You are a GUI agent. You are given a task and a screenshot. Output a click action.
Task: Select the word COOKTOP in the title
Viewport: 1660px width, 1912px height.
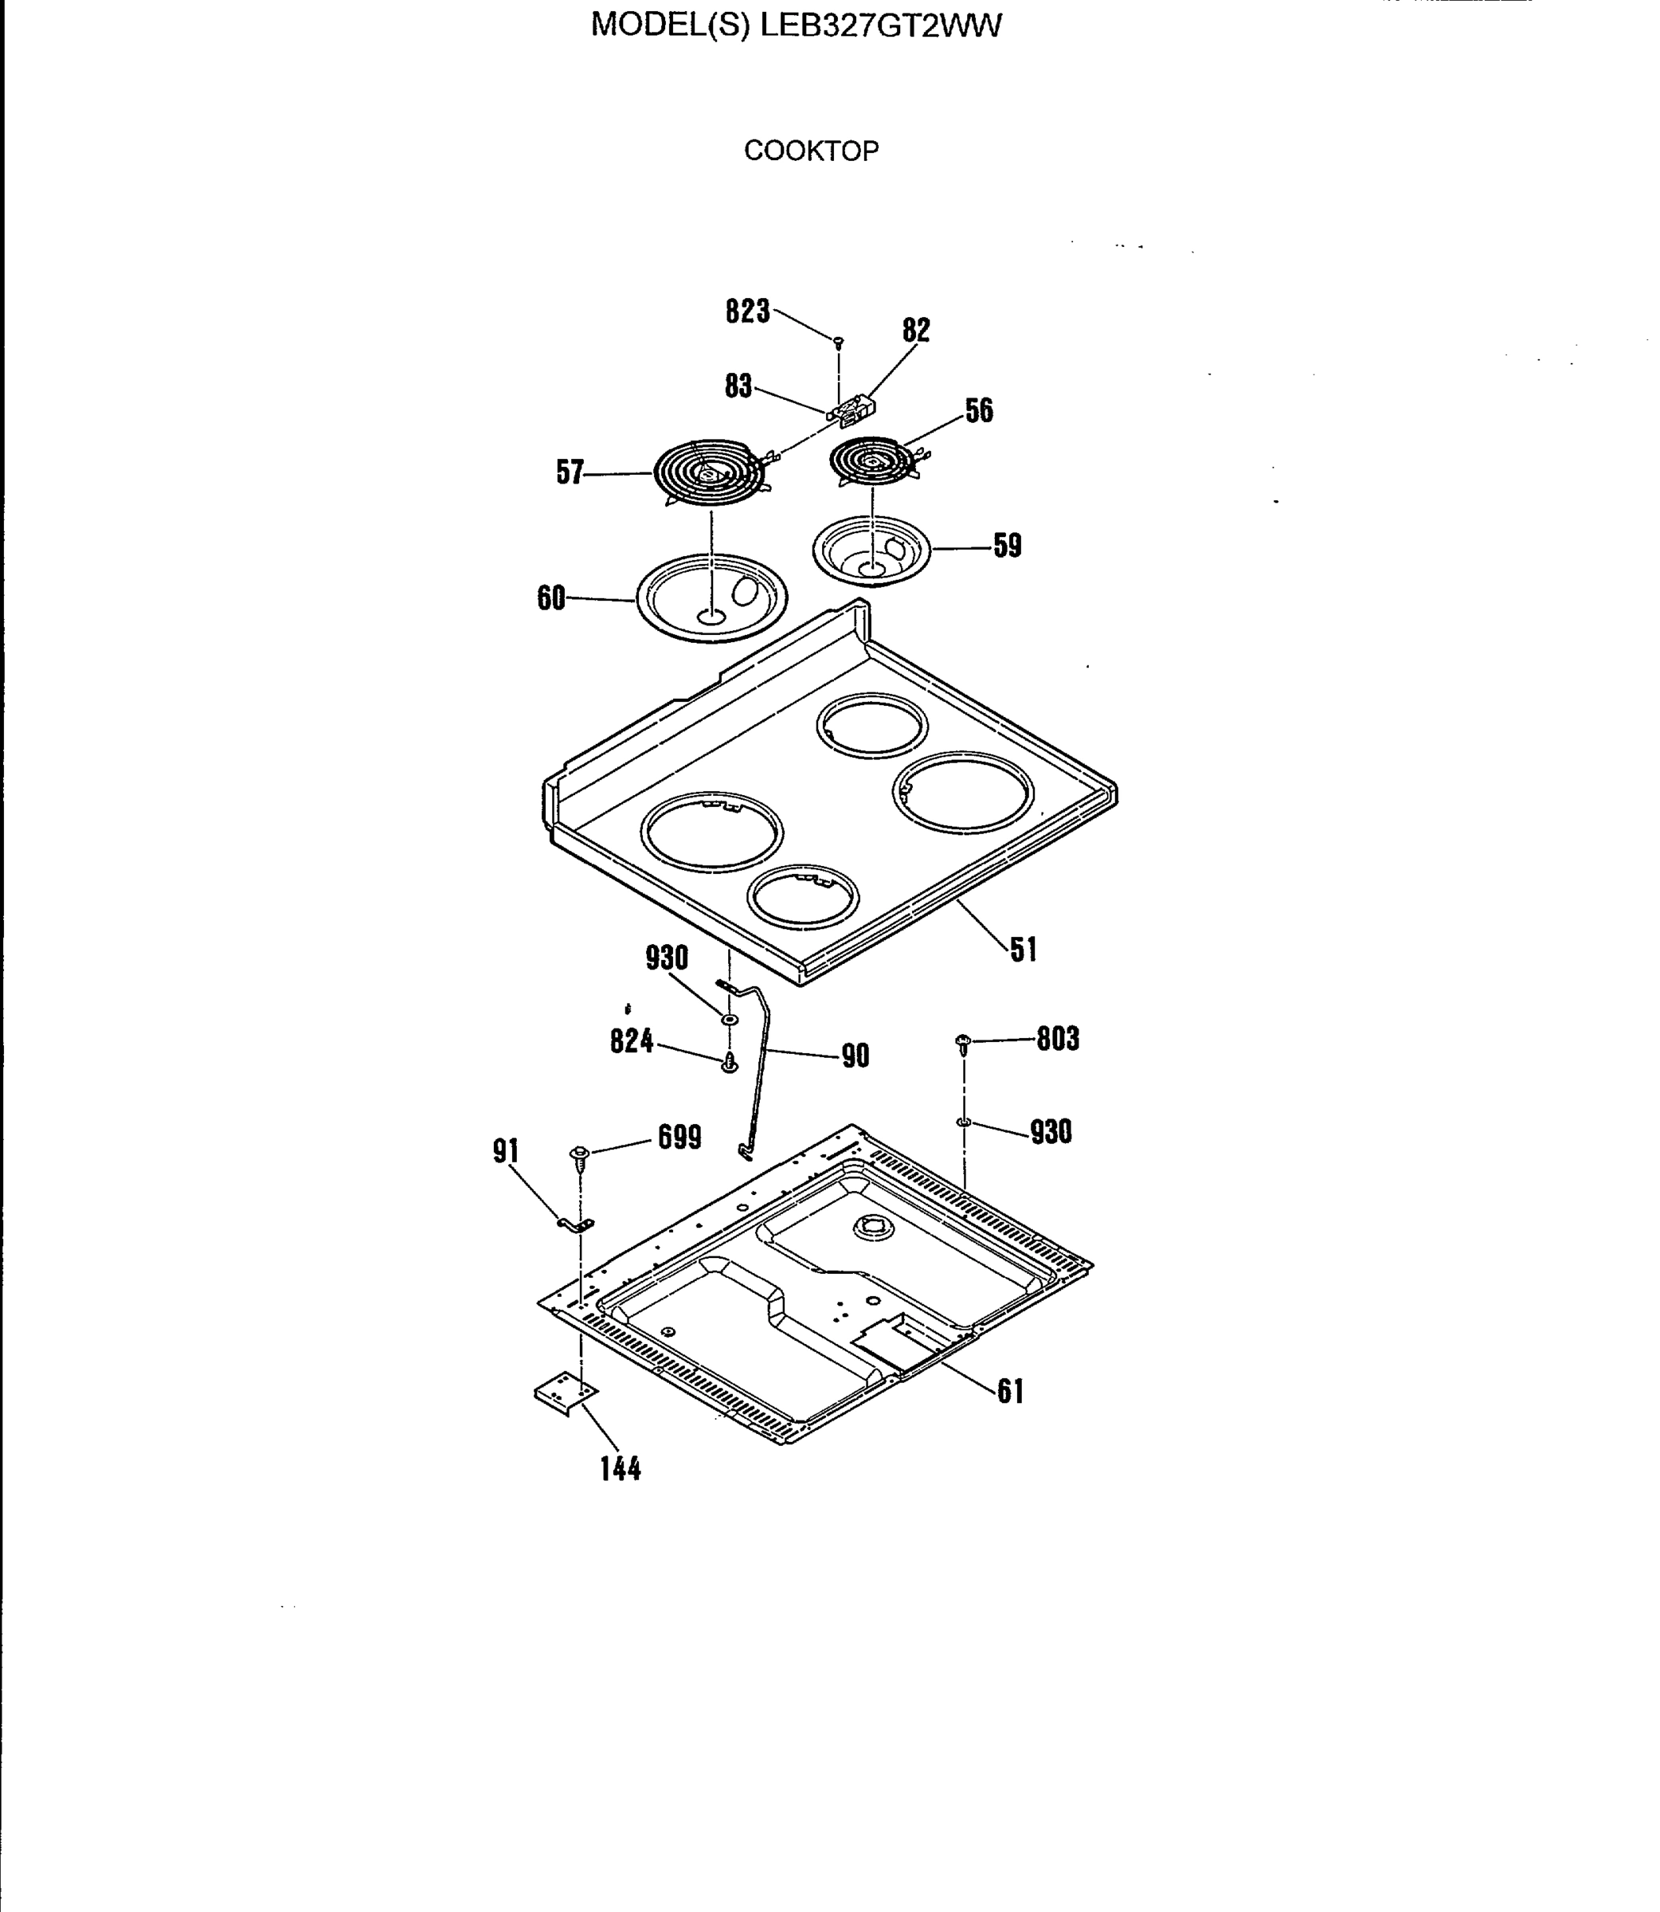811,151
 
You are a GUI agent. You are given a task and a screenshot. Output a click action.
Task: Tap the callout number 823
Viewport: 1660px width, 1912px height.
746,311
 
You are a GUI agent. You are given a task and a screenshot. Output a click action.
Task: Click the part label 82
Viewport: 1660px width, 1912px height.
915,330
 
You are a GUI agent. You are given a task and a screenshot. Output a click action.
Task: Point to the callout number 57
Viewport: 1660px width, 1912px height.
570,472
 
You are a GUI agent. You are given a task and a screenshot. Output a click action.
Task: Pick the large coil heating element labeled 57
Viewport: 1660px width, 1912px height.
710,473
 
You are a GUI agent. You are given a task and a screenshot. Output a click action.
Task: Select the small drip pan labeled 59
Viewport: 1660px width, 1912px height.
871,550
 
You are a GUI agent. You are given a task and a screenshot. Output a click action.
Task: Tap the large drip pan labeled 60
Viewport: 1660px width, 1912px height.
711,597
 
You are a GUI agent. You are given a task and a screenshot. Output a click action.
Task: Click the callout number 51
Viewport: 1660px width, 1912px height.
1023,950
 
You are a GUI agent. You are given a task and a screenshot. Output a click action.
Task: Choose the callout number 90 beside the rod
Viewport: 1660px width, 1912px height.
855,1056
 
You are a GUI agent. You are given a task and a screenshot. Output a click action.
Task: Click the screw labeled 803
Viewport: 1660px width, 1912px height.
962,1043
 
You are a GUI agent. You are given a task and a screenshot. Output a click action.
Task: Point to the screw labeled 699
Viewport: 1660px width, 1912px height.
580,1155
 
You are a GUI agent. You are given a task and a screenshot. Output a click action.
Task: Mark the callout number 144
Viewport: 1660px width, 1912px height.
620,1468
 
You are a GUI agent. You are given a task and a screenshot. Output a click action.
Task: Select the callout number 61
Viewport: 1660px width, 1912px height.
1010,1392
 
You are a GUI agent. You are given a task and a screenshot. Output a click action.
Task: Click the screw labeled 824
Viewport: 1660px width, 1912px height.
729,1063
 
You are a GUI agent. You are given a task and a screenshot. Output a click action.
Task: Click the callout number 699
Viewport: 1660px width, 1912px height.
679,1137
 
